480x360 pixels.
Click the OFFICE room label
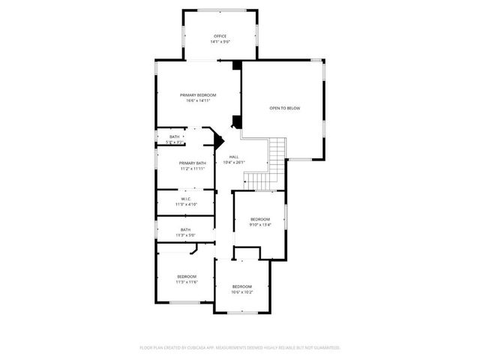click(220, 36)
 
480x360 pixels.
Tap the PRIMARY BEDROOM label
click(198, 95)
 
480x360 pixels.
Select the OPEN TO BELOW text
click(285, 109)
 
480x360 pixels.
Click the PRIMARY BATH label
click(193, 163)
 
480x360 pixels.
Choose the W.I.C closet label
click(185, 199)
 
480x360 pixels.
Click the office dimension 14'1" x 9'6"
click(220, 42)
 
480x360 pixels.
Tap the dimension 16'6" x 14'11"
click(198, 101)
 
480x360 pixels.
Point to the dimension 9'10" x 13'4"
click(260, 225)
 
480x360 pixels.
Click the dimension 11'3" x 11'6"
click(187, 282)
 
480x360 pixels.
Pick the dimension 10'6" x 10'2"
click(241, 293)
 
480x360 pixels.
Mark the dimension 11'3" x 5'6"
click(185, 235)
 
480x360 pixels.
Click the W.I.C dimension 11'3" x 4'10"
click(185, 204)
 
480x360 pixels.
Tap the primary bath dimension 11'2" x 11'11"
click(193, 169)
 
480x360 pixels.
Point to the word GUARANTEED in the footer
click(324, 348)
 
